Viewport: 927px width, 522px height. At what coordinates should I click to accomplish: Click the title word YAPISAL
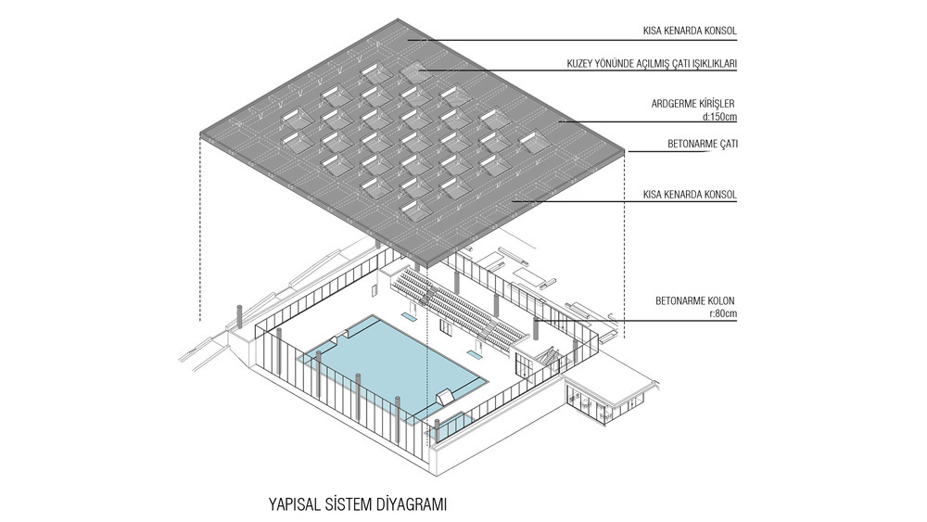pos(294,504)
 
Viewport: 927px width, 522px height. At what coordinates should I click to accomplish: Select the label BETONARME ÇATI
pos(703,144)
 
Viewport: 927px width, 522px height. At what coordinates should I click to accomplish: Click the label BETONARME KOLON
pos(694,301)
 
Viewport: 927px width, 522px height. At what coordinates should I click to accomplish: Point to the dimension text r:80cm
pos(723,313)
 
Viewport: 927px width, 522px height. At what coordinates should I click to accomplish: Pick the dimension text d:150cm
pos(719,117)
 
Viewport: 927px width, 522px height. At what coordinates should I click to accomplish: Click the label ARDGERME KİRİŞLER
pos(692,104)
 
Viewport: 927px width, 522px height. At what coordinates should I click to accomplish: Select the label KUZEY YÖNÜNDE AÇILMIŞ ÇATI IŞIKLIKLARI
pos(652,64)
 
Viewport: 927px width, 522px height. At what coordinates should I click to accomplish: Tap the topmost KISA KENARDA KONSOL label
pos(690,31)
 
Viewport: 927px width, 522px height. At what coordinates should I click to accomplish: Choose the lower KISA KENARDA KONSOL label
pos(690,195)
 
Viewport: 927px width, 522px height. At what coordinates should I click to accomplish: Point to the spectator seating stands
pos(458,304)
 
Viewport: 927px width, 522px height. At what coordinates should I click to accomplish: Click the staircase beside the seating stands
pos(548,355)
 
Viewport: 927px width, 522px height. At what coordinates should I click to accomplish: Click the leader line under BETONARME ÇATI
pos(683,151)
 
